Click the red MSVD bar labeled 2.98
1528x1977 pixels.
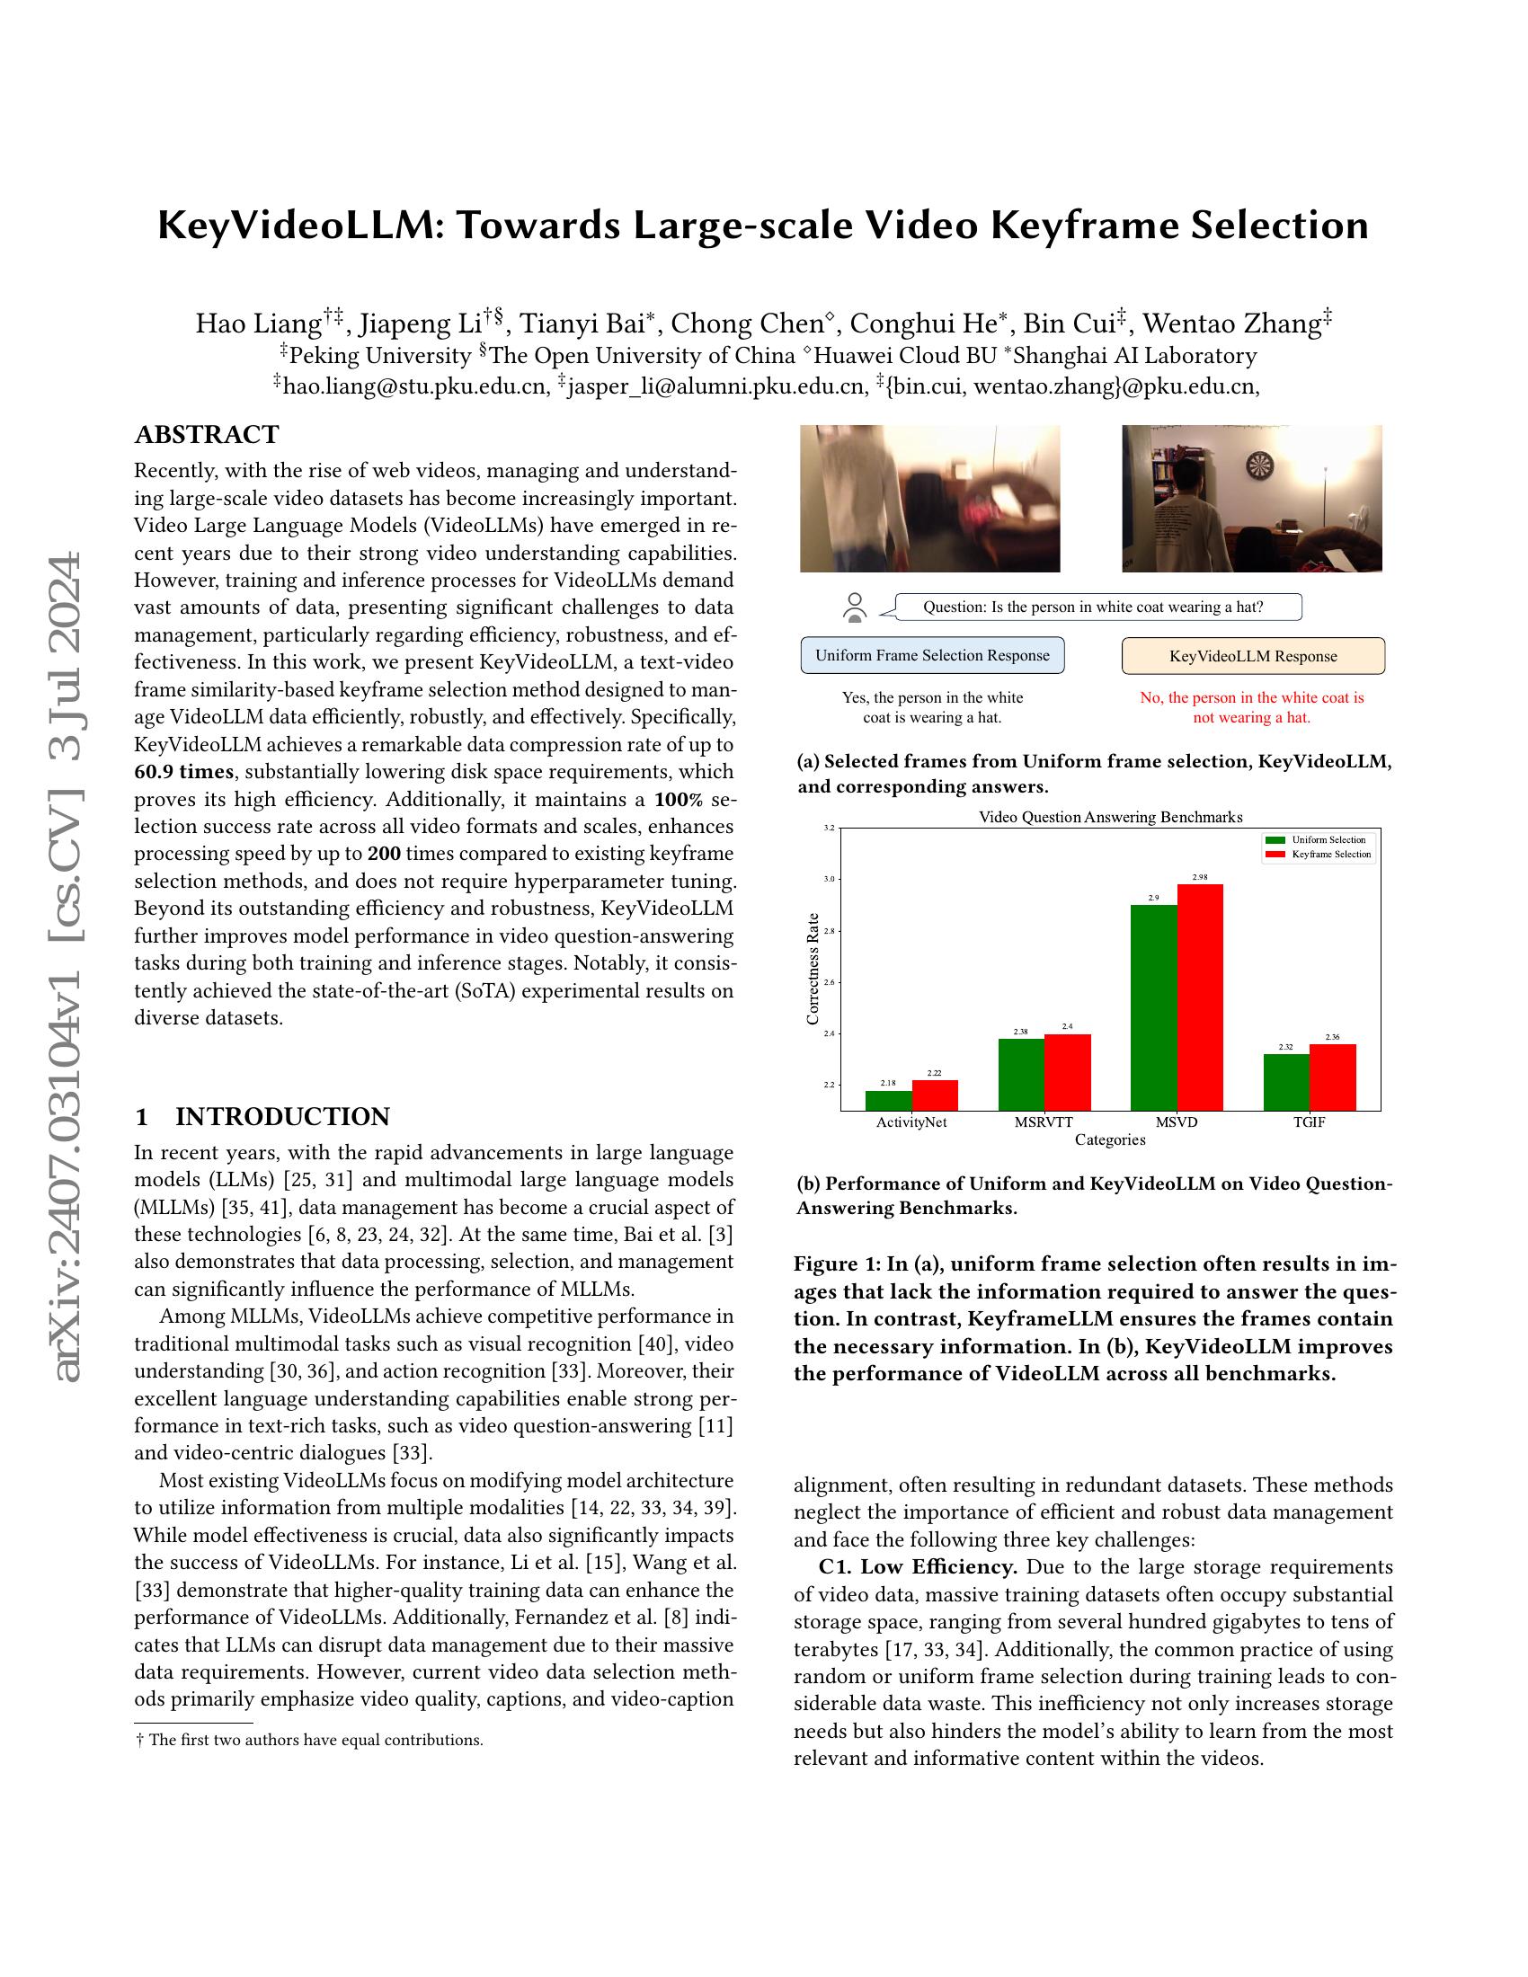pyautogui.click(x=1200, y=997)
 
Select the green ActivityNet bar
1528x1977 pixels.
pyautogui.click(x=889, y=1100)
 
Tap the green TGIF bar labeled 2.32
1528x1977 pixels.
pyautogui.click(x=1286, y=1082)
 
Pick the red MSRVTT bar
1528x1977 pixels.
pyautogui.click(x=1067, y=1072)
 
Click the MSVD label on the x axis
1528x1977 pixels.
pyautogui.click(x=1177, y=1121)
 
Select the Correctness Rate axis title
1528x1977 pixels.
pyautogui.click(x=812, y=968)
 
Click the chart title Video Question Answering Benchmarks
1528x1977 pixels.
pyautogui.click(x=1111, y=817)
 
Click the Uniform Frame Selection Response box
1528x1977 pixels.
pyautogui.click(x=932, y=655)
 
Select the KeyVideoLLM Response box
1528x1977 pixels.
pyautogui.click(x=1253, y=656)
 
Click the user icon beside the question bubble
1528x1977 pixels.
pyautogui.click(x=855, y=607)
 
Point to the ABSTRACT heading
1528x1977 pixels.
pyautogui.click(x=208, y=435)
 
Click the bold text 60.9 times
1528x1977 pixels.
pyautogui.click(x=183, y=772)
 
